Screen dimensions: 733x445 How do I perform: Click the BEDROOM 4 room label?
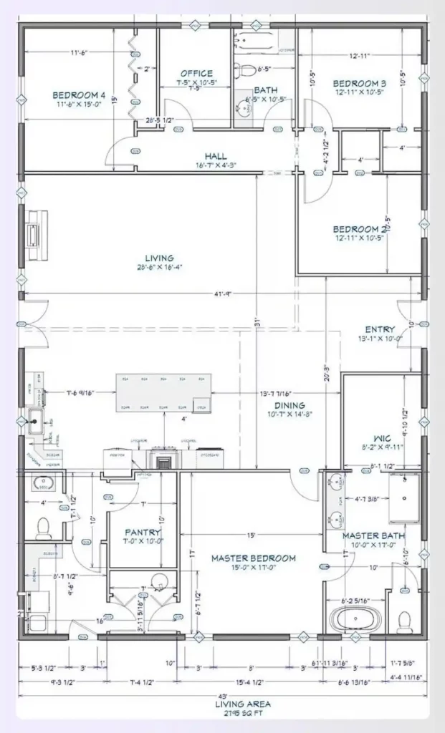click(x=78, y=95)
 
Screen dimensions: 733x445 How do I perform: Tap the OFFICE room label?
click(x=196, y=73)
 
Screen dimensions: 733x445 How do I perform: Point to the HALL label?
click(x=215, y=156)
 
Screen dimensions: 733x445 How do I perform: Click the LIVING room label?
click(x=158, y=258)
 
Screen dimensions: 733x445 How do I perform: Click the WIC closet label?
click(x=381, y=437)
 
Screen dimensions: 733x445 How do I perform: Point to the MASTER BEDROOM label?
click(x=253, y=558)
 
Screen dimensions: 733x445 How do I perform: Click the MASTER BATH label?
click(x=373, y=535)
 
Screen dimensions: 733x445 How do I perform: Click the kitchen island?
click(x=164, y=392)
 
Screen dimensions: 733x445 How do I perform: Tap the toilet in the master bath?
click(x=406, y=617)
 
